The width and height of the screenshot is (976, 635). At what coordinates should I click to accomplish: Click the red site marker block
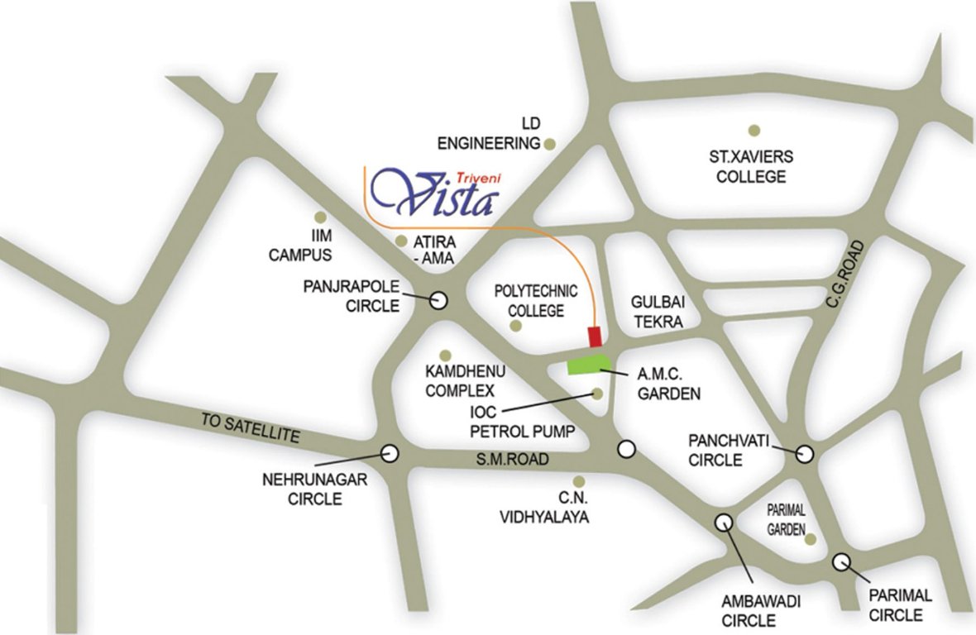pyautogui.click(x=594, y=337)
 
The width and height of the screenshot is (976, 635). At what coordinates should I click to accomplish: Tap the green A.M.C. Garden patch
pyautogui.click(x=588, y=365)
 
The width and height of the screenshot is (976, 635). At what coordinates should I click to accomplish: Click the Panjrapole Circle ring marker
pyautogui.click(x=439, y=300)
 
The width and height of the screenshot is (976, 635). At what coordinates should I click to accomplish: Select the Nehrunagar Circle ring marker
pyautogui.click(x=389, y=452)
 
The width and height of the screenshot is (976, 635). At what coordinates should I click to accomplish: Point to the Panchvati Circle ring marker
pyautogui.click(x=804, y=453)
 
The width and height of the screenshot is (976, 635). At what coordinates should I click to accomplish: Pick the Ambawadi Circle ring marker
pyautogui.click(x=723, y=522)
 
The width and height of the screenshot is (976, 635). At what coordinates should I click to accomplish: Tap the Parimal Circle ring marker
pyautogui.click(x=842, y=561)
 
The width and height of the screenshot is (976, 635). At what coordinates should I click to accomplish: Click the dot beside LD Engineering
pyautogui.click(x=550, y=144)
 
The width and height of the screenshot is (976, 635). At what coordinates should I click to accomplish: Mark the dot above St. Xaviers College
pyautogui.click(x=754, y=130)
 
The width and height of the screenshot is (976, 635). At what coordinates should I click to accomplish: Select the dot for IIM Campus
pyautogui.click(x=322, y=217)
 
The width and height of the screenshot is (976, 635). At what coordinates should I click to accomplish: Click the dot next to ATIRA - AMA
pyautogui.click(x=401, y=241)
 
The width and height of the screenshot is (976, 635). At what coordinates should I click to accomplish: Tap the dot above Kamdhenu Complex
pyautogui.click(x=446, y=355)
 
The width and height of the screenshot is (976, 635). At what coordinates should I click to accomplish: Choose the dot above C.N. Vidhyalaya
pyautogui.click(x=579, y=481)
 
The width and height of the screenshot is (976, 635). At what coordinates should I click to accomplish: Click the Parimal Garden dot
pyautogui.click(x=811, y=539)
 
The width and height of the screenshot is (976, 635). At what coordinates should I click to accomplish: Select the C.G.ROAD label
pyautogui.click(x=844, y=275)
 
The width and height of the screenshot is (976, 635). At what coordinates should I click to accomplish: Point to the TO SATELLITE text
pyautogui.click(x=249, y=427)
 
